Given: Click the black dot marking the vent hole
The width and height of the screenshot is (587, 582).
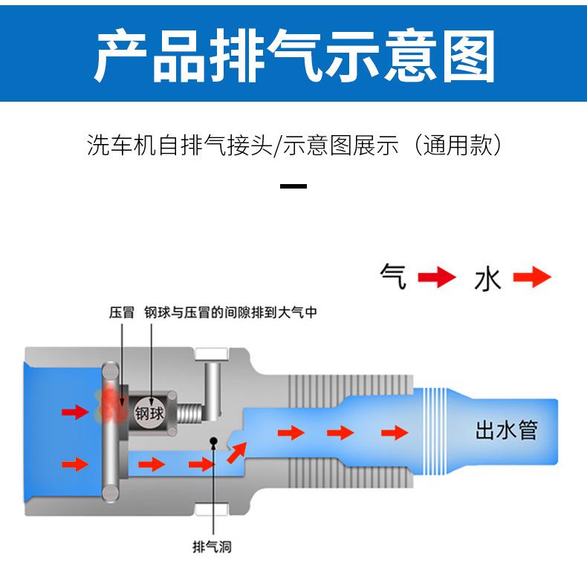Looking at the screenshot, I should pos(213,442).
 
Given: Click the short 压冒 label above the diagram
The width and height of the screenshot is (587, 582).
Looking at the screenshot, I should pos(122,313).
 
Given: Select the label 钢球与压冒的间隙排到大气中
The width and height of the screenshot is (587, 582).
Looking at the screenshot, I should pos(231,313).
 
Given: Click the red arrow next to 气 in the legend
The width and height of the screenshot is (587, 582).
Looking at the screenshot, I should pos(436,278).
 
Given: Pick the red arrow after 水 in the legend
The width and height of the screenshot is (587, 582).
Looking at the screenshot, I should pos(533,278).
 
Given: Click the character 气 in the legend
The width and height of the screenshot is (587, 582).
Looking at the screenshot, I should pos(393,278).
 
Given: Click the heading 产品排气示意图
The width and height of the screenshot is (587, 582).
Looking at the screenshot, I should pos(293,56).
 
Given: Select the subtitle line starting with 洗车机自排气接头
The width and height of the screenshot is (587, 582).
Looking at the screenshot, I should pos(293,144).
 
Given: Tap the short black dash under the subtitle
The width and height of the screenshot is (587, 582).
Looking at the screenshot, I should pos(293,186).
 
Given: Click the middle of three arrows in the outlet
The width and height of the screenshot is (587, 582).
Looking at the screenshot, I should pos(339,432).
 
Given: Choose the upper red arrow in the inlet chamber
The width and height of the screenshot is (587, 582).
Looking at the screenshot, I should pos(74,411).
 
